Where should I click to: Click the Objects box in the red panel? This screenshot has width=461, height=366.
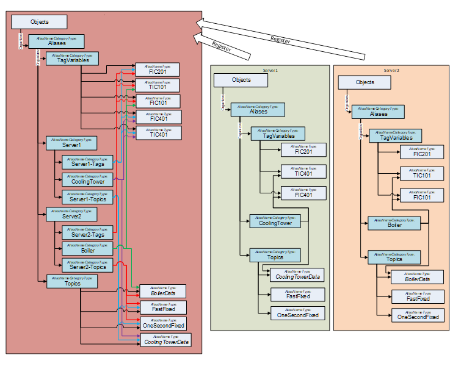tap(39, 21)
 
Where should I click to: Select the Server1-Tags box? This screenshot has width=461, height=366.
tap(87, 163)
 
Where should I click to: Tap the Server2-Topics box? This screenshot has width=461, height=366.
tap(87, 265)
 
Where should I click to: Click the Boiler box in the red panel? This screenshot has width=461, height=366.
tap(87, 248)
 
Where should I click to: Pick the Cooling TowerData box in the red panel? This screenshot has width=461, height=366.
tap(165, 340)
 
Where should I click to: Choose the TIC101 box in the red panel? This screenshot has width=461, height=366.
tap(158, 85)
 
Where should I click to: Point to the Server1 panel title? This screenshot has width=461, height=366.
tap(270, 71)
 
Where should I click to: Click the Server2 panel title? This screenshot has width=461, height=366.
tap(391, 71)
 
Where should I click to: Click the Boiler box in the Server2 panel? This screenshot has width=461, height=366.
tap(394, 223)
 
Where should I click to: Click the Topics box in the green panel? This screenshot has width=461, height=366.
tap(275, 256)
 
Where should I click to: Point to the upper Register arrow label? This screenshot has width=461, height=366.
tap(280, 39)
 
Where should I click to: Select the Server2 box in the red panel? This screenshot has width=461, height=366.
tap(71, 214)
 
